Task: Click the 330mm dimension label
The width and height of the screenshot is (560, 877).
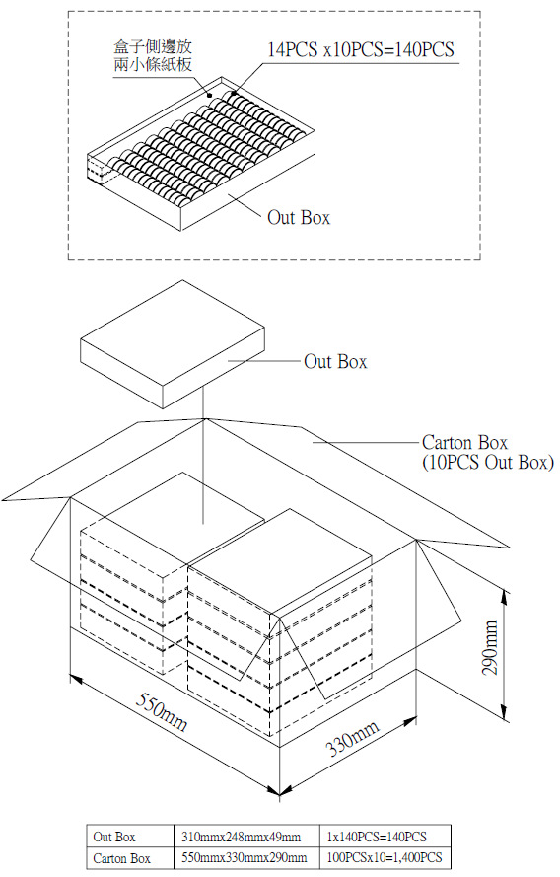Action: coord(352,737)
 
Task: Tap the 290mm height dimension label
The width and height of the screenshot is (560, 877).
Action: coord(490,647)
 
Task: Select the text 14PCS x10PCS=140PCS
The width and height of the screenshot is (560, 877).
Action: coord(361,49)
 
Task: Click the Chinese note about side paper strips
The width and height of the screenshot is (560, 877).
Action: coord(153,55)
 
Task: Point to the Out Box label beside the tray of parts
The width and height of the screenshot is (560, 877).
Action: coord(299,217)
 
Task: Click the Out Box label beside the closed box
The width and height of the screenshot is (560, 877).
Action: coord(335,361)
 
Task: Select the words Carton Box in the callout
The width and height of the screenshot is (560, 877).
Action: coord(464,442)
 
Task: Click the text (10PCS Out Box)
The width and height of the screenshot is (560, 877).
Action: coord(488,463)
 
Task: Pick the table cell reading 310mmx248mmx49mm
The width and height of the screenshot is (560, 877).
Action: coord(241,837)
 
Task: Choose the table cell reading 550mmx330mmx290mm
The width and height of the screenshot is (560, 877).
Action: coord(245,857)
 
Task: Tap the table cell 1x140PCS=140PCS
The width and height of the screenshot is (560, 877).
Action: coord(377,837)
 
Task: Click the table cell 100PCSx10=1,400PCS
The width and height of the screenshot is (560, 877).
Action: coord(385,857)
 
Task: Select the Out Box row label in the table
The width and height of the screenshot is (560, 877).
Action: coord(114,837)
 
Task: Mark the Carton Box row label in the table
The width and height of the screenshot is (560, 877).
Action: coord(122,858)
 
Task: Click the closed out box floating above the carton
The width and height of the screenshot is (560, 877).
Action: coord(173,344)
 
